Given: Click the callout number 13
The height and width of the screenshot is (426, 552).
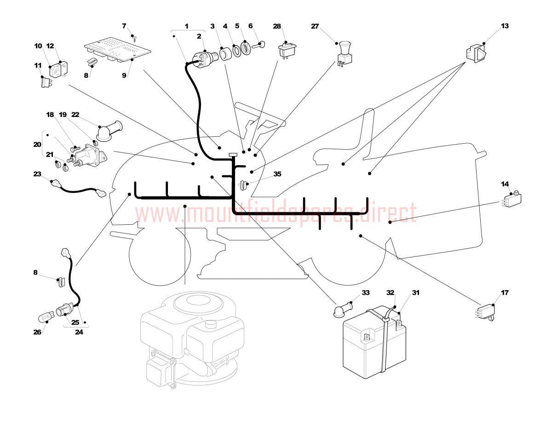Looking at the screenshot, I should pyautogui.click(x=505, y=26).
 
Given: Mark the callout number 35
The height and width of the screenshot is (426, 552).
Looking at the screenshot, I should pyautogui.click(x=277, y=174).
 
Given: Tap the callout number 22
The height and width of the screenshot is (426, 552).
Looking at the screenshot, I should pyautogui.click(x=76, y=114).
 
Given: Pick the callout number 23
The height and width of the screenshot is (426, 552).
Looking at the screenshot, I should pyautogui.click(x=37, y=174).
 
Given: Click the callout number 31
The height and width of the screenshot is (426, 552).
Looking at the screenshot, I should pyautogui.click(x=415, y=292).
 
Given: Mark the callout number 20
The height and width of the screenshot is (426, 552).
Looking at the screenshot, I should pyautogui.click(x=37, y=144).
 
